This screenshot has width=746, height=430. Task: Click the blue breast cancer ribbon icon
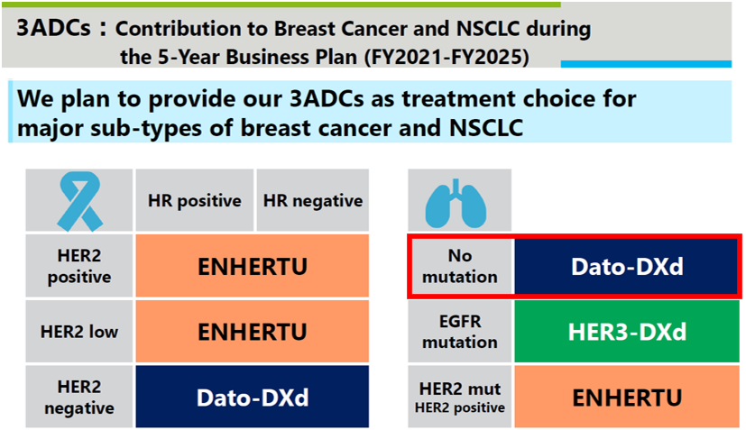tap(80, 201)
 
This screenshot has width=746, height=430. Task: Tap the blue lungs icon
tap(456, 203)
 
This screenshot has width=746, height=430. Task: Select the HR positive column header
tap(195, 200)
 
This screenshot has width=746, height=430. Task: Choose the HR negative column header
tap(313, 200)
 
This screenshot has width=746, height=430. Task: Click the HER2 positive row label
tap(79, 266)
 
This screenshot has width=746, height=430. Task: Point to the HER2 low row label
tap(79, 332)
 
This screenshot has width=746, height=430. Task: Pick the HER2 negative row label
tap(79, 398)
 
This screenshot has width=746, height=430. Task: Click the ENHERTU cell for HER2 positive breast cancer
tap(253, 266)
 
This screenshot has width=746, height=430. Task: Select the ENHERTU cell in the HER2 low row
tap(253, 332)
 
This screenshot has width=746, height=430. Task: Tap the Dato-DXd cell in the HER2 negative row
tap(253, 398)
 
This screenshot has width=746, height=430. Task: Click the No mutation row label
tap(460, 266)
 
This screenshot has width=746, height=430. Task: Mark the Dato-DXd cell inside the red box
tap(627, 266)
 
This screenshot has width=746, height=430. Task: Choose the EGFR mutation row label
tap(460, 332)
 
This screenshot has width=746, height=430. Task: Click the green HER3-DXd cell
tap(627, 332)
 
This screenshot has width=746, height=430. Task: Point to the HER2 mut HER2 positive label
tap(460, 398)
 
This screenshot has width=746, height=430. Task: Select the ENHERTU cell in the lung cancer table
tap(627, 398)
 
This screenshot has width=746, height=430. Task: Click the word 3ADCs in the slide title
tap(53, 28)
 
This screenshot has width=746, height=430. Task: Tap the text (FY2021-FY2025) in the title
tap(447, 57)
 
